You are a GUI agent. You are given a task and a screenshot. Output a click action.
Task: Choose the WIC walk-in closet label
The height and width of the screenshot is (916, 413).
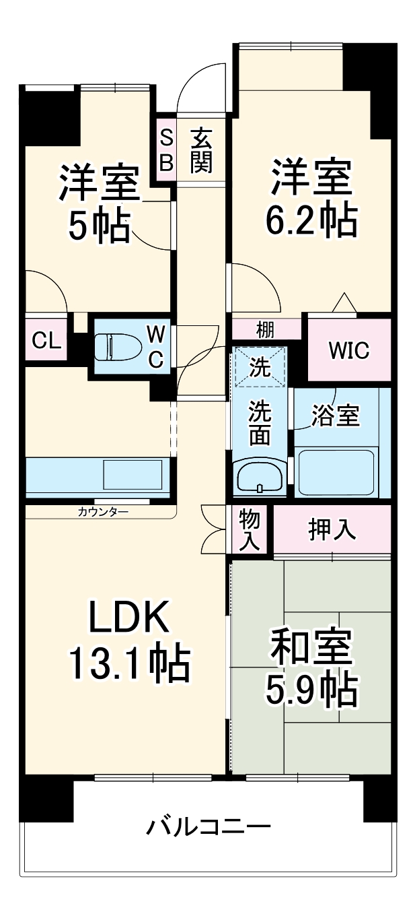tap(349, 352)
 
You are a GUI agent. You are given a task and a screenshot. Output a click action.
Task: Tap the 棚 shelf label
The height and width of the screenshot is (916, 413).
tap(264, 330)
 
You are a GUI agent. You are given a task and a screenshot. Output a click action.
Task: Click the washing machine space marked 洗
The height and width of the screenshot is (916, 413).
tap(260, 368)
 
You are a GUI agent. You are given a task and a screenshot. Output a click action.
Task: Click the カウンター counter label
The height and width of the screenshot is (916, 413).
tap(103, 512)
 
